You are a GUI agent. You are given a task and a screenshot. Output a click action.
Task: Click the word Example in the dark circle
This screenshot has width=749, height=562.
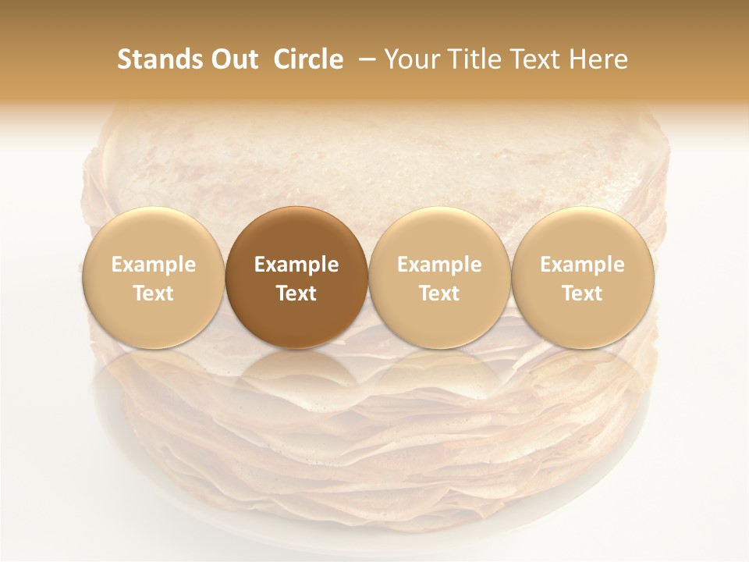(x=296, y=265)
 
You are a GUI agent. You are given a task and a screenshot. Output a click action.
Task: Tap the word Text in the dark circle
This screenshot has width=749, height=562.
(x=296, y=293)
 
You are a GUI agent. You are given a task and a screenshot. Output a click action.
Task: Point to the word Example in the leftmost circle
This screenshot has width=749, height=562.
(x=153, y=265)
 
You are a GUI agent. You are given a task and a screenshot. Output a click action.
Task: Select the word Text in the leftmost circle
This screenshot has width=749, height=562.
(x=153, y=293)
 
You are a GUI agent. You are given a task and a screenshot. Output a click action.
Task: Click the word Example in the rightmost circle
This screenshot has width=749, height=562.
(x=583, y=265)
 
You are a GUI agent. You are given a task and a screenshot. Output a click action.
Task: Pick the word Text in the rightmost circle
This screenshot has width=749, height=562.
(x=583, y=293)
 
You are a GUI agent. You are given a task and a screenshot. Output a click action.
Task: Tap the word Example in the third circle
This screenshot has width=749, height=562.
(x=439, y=265)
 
